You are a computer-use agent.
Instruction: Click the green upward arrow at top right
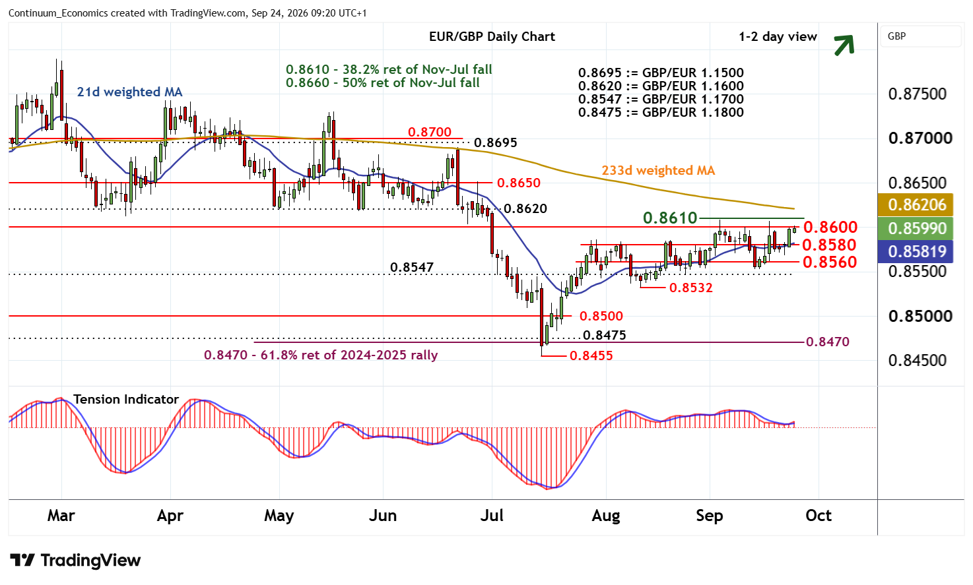coord(844,45)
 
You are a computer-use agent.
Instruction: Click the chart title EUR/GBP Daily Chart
coord(492,36)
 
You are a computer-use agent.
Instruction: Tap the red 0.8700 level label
coord(430,132)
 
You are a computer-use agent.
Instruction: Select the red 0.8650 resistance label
coord(519,183)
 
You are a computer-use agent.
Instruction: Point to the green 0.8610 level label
coord(670,218)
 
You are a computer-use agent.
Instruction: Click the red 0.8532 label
coord(690,288)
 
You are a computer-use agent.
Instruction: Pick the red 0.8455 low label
coord(591,356)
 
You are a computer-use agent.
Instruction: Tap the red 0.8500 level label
coord(601,316)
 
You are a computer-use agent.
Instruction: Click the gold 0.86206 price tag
coord(915,204)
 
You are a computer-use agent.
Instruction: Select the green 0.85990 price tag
coord(915,228)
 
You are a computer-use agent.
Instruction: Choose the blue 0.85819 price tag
coord(915,252)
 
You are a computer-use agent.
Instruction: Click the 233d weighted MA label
coord(658,171)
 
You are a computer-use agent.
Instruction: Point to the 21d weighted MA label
coord(129,92)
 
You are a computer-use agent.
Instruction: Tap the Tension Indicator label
coord(126,399)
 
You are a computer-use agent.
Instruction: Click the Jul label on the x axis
coord(492,516)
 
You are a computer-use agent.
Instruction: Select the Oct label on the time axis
coord(819,516)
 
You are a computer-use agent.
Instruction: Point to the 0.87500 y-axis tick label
coord(918,94)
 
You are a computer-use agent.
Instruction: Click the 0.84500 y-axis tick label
coord(918,361)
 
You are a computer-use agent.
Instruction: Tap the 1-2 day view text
coord(778,37)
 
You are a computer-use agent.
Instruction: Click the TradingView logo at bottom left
coord(75,560)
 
